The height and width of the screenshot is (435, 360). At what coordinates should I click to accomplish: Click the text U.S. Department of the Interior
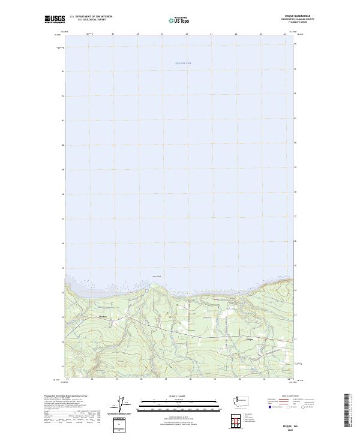(x=91, y=16)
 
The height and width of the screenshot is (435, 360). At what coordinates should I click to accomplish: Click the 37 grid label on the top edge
(x=113, y=34)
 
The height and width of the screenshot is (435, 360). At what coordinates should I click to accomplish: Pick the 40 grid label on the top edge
(x=187, y=34)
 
